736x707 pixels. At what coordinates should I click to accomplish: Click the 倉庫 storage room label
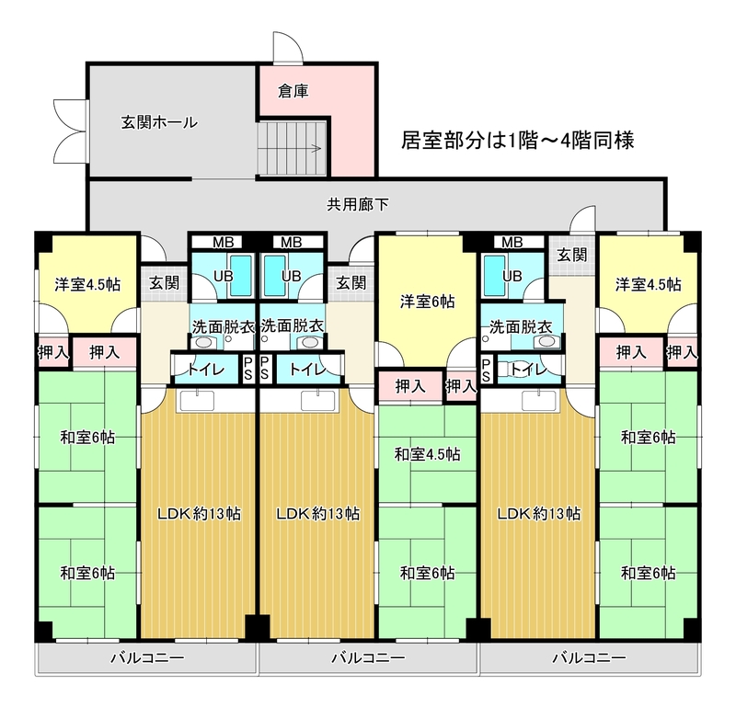293,90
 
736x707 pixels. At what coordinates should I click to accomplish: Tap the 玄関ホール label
159,122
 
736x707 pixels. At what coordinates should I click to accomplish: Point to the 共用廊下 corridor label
358,204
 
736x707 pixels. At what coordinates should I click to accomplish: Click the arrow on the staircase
315,149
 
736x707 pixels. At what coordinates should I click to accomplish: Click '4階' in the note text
577,141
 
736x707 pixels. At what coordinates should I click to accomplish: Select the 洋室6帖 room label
427,302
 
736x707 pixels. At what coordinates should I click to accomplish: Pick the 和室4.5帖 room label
427,454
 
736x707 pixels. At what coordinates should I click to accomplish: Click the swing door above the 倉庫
288,48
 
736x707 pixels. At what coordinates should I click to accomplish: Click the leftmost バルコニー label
147,657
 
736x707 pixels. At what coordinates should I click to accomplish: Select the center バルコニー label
368,657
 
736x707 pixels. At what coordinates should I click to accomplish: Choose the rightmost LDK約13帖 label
539,514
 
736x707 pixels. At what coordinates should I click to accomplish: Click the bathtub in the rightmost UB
495,276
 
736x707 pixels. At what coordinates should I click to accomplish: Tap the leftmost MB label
224,242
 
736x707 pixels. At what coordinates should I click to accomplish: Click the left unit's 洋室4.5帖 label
87,284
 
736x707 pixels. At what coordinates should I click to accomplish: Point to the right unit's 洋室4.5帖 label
649,284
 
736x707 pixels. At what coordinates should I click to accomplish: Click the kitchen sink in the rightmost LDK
539,401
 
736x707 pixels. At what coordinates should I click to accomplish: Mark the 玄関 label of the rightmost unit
572,255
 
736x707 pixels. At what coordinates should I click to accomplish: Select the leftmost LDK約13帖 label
199,514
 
